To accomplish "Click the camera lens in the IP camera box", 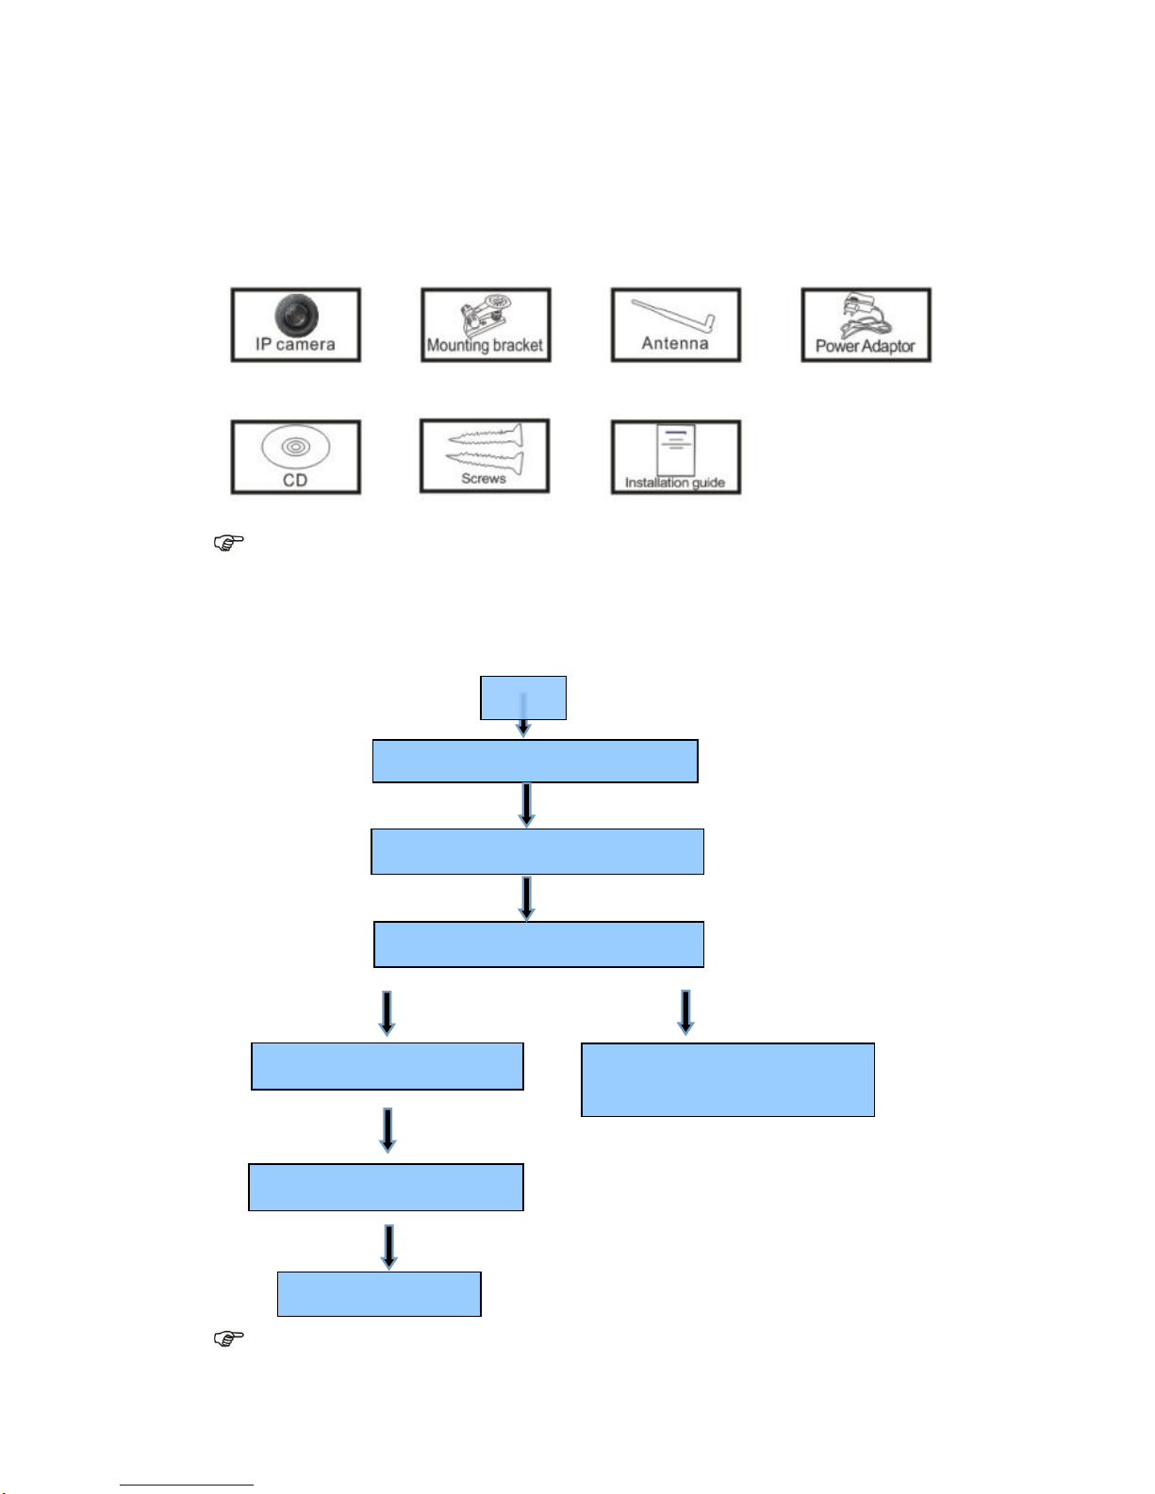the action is (297, 314).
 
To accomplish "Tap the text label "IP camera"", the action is (295, 345).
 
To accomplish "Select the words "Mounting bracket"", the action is (485, 346).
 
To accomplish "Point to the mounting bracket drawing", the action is (487, 315).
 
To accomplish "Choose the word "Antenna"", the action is (675, 344).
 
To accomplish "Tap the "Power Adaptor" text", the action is (866, 347).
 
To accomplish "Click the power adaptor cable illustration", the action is (865, 316).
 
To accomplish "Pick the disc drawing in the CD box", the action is (295, 446).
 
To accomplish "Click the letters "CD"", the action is (295, 481).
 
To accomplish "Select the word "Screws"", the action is (484, 479).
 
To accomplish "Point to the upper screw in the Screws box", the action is (485, 436).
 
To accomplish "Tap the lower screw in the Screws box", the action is (485, 460).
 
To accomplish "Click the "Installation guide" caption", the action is (675, 483).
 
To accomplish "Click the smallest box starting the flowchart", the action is (523, 698).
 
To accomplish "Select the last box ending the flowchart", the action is (379, 1294).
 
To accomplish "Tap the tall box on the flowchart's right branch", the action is (728, 1079).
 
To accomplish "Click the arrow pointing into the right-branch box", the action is (685, 1011).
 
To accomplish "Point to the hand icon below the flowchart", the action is (229, 1338).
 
